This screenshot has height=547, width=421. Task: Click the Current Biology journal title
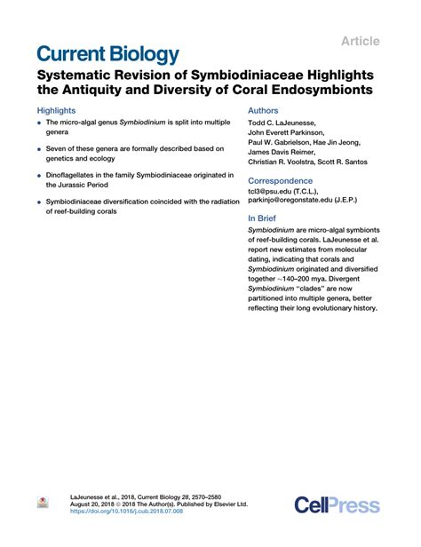pos(107,52)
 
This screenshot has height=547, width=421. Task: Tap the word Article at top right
pos(361,41)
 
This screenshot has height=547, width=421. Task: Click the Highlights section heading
pos(57,112)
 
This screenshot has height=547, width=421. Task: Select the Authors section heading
pos(265,112)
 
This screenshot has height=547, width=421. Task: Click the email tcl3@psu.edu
pos(275,192)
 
